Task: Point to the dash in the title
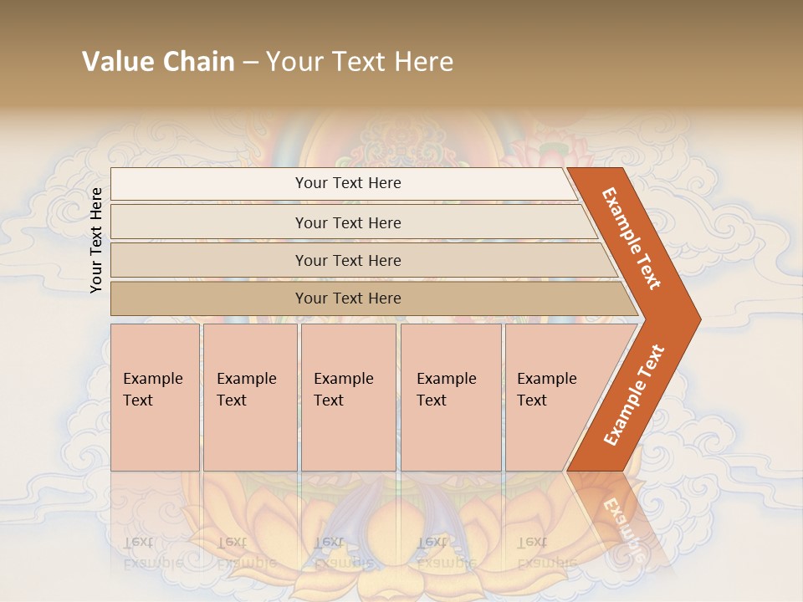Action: tap(250, 63)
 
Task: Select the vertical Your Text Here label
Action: tap(96, 240)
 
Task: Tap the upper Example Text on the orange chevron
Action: tap(632, 238)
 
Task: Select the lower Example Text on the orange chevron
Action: tap(633, 395)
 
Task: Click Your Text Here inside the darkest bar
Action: tap(348, 298)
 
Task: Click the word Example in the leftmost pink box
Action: tap(152, 379)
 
